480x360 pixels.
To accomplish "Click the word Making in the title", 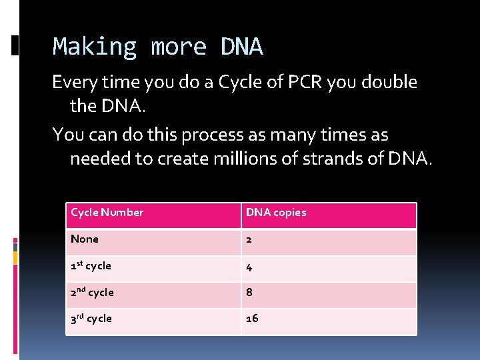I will [94, 47].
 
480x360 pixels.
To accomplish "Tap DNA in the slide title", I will [241, 47].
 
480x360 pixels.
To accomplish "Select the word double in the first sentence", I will [391, 83].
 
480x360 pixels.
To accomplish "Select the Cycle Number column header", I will [107, 213].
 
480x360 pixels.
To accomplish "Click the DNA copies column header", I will [276, 213].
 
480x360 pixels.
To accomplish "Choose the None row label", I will [85, 239].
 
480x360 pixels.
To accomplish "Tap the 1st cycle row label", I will [91, 265].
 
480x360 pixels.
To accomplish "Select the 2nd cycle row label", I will [93, 292].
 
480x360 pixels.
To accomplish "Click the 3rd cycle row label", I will [92, 319].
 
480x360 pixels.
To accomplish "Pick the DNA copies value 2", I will [249, 239].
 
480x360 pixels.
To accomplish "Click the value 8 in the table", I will [249, 292].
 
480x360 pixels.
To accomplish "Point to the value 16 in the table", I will [252, 319].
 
